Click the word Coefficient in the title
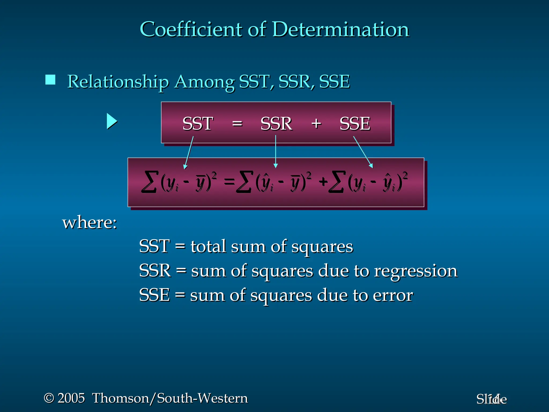(190, 29)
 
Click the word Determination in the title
(341, 29)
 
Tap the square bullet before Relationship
(50, 80)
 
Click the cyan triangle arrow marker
(112, 121)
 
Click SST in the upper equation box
(198, 124)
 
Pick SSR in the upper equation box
(276, 124)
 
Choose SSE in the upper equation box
(355, 124)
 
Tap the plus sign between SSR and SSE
(316, 124)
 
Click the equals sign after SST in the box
(237, 124)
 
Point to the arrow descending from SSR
(276, 152)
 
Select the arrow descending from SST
(189, 152)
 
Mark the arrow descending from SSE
(363, 152)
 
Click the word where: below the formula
(90, 223)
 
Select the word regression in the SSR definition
(416, 271)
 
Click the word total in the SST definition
(208, 246)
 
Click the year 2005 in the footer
(71, 398)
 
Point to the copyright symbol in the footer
(49, 398)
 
